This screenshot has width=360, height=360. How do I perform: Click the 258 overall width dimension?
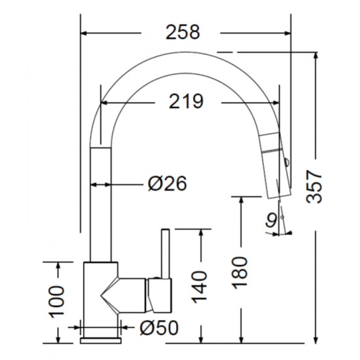pyautogui.click(x=183, y=32)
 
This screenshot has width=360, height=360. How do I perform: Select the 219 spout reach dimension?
pyautogui.click(x=186, y=101)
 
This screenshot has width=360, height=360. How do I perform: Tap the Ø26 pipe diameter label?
pyautogui.click(x=168, y=183)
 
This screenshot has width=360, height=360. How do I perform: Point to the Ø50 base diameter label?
pyautogui.click(x=159, y=327)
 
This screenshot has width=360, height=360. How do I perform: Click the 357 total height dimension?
pyautogui.click(x=314, y=187)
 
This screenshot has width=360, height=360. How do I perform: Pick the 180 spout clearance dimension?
pyautogui.click(x=240, y=272)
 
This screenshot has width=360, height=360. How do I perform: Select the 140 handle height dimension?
pyautogui.click(x=199, y=287)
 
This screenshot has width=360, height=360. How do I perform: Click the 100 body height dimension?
pyautogui.click(x=56, y=302)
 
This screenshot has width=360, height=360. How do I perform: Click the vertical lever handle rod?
pyautogui.click(x=166, y=254)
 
